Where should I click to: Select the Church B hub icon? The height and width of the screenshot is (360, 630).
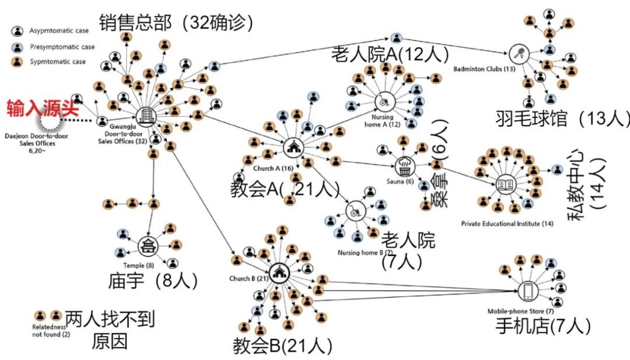[279, 271]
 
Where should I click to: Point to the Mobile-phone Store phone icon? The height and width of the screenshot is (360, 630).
[527, 291]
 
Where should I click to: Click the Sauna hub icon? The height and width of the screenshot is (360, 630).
[404, 165]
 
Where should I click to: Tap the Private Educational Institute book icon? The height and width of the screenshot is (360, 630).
[505, 185]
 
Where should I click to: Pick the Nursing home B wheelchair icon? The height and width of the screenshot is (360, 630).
[354, 211]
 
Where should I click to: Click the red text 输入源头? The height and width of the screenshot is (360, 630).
[43, 108]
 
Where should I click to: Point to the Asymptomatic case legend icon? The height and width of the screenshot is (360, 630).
[18, 32]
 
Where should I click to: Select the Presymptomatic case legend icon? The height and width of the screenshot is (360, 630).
[18, 47]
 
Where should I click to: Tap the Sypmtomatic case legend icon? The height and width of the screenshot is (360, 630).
[18, 61]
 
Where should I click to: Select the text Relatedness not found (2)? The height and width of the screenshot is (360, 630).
[51, 331]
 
